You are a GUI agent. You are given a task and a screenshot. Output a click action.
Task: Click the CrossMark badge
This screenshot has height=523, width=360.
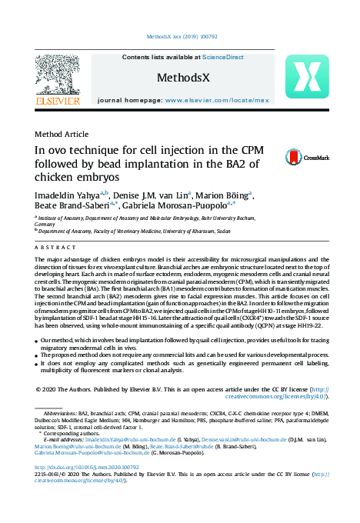click(x=311, y=157)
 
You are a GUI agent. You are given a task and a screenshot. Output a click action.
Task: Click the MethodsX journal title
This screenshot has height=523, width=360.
click(x=183, y=78)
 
